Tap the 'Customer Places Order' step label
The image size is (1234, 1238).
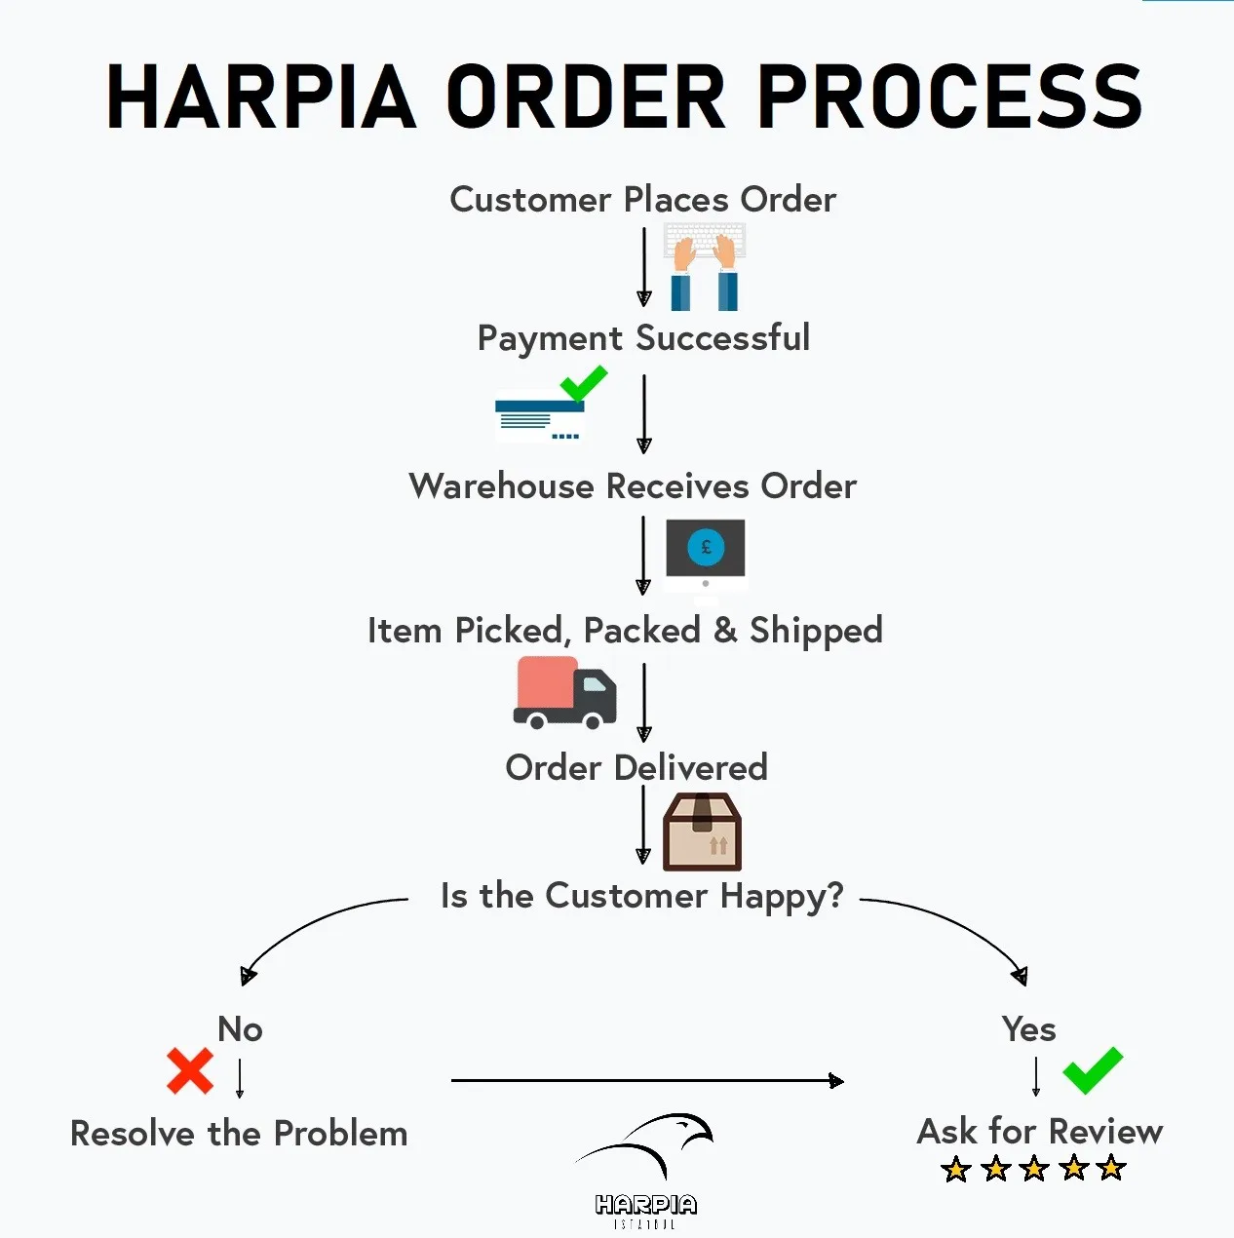[x=642, y=200]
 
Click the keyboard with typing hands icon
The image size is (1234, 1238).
[x=705, y=265]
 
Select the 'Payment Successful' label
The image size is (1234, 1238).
[x=643, y=338]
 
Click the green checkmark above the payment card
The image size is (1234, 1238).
[x=584, y=383]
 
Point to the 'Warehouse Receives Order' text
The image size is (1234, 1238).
[x=633, y=485]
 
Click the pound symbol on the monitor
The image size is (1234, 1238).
[x=706, y=547]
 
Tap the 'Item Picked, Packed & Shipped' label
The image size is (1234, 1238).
[x=625, y=631]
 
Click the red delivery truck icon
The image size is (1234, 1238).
[x=564, y=693]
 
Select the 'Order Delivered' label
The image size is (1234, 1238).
[x=636, y=767]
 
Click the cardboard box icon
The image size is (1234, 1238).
[x=702, y=832]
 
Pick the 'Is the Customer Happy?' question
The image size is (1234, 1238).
[x=641, y=896]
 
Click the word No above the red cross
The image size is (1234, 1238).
[x=240, y=1029]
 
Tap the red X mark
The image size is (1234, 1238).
[x=190, y=1071]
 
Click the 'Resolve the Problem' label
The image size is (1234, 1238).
[x=239, y=1134]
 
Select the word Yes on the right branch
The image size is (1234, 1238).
[x=1028, y=1029]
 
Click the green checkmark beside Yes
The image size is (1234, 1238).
[x=1093, y=1070]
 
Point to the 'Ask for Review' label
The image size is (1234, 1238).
[x=1040, y=1132]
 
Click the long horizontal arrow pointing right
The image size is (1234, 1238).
[x=646, y=1080]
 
